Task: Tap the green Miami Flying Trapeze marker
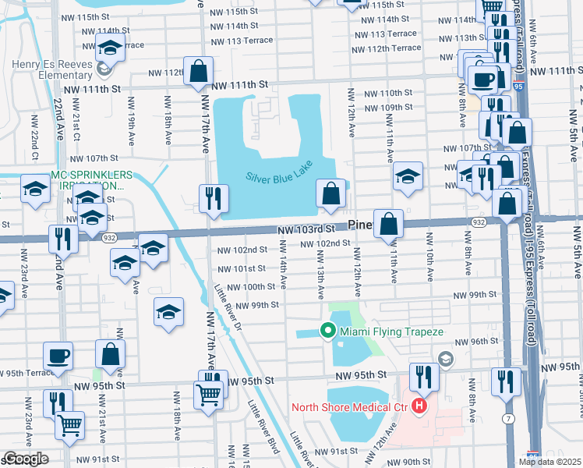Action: pyautogui.click(x=328, y=331)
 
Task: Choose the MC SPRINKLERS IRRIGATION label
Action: pyautogui.click(x=90, y=180)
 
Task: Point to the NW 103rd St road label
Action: pyautogui.click(x=306, y=229)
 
